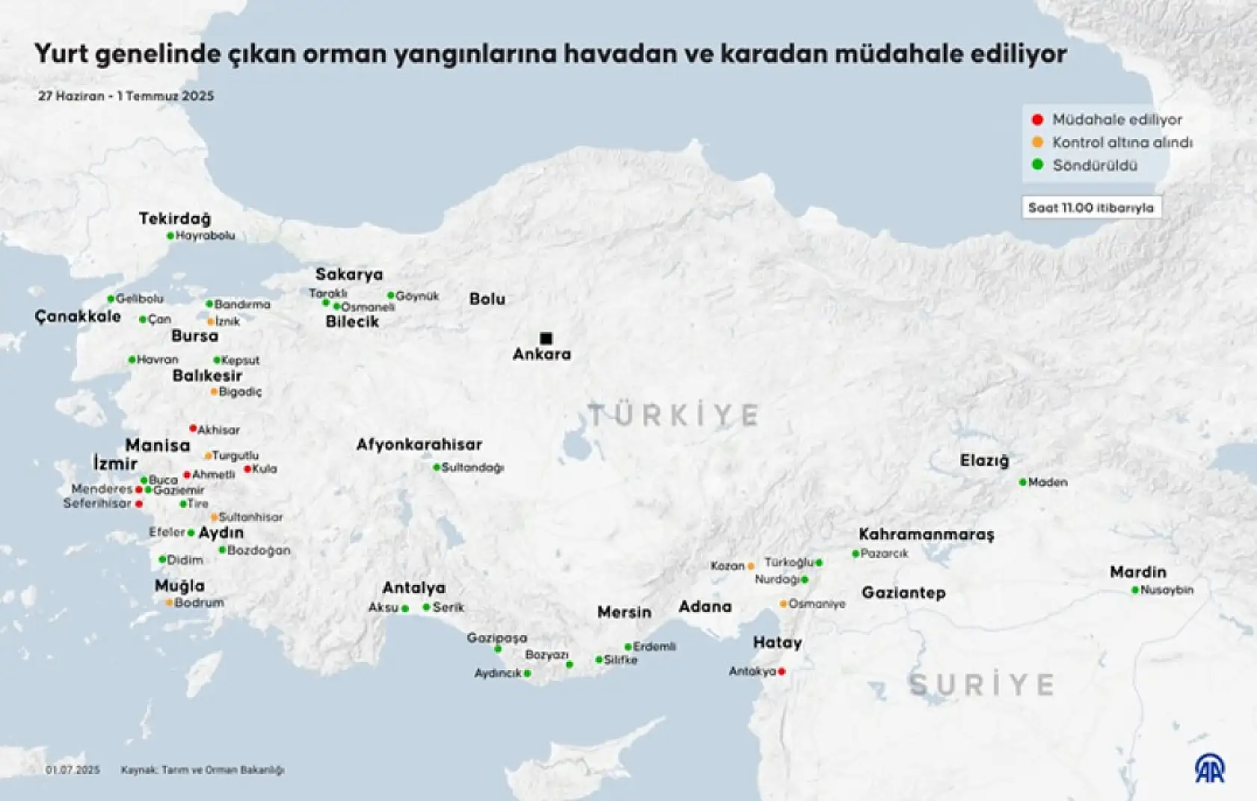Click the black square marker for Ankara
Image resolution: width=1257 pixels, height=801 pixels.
coord(546,338)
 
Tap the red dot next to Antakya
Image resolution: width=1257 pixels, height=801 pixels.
coord(782,672)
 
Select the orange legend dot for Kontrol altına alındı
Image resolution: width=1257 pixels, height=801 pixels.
coord(1037,142)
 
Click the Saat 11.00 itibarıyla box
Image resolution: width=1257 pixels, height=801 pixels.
coord(1091,208)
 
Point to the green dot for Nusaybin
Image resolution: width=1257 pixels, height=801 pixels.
coord(1135,590)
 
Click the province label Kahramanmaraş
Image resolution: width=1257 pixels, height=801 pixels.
coord(926,534)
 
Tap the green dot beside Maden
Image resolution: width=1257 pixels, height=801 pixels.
coord(1023,483)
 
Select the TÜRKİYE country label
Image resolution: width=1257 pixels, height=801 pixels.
coord(673,415)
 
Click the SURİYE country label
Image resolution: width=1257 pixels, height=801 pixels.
coord(981,684)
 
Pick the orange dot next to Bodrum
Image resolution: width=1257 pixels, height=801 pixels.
coord(170,602)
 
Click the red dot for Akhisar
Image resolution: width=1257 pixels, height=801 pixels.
coord(193,429)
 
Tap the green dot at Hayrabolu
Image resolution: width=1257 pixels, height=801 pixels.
coord(170,236)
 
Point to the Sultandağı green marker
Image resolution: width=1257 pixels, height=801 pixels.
coord(436,468)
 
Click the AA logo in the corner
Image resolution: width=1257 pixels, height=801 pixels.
coord(1208,769)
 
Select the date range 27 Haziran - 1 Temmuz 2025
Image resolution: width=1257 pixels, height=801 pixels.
coord(126,96)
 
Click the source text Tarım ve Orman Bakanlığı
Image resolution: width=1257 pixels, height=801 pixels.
coord(223,770)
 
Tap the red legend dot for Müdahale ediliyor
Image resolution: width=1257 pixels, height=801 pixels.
coord(1037,120)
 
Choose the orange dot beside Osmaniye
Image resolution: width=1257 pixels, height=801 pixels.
coord(783,604)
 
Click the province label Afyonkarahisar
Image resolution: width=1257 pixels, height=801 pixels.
coord(419,445)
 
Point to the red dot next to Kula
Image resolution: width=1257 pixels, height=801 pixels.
coord(247,469)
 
